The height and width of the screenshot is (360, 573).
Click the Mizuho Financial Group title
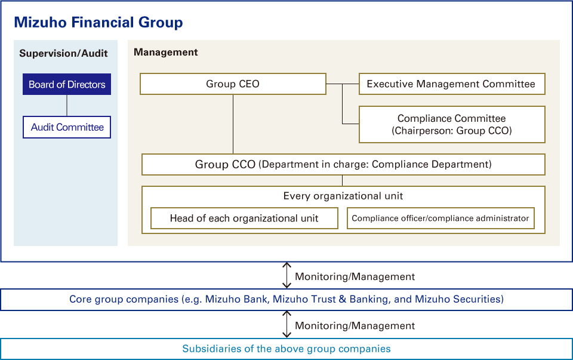[x=98, y=23]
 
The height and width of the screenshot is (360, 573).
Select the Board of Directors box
[x=67, y=85]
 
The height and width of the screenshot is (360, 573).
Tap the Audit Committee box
[x=67, y=127]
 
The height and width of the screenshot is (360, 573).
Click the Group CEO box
[x=233, y=84]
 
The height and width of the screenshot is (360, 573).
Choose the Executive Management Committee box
[x=451, y=84]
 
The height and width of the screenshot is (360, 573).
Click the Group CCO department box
[x=343, y=164]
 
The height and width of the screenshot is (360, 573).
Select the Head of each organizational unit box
[x=244, y=219]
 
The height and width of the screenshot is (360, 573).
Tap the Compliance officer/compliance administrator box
[x=440, y=219]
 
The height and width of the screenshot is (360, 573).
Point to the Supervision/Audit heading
[x=63, y=53]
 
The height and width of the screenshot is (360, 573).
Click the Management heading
[x=166, y=53]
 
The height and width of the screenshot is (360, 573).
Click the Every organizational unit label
[x=343, y=196]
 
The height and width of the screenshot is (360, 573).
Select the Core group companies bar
[x=286, y=300]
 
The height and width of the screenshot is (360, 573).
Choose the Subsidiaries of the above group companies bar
[x=286, y=349]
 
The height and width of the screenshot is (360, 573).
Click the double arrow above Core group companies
[x=287, y=276]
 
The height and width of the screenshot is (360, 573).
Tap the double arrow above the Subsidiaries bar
[x=287, y=325]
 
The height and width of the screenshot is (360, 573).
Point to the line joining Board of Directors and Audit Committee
[x=67, y=106]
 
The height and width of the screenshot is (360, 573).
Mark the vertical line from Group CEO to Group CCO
[x=233, y=124]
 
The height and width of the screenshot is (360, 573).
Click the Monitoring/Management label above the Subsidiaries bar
[x=355, y=326]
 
